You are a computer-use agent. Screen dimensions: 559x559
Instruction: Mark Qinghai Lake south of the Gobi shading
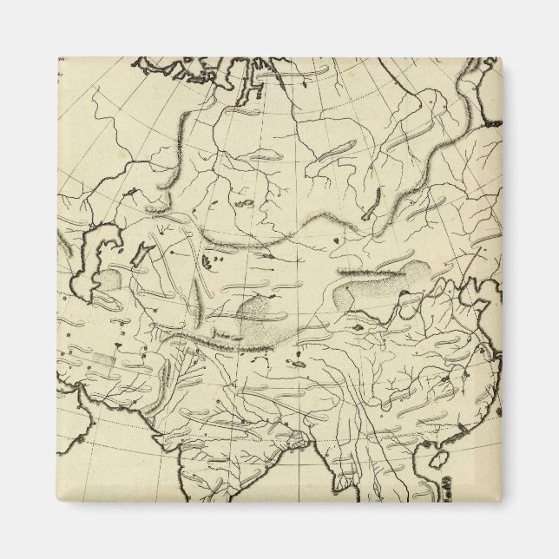click(357, 328)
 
